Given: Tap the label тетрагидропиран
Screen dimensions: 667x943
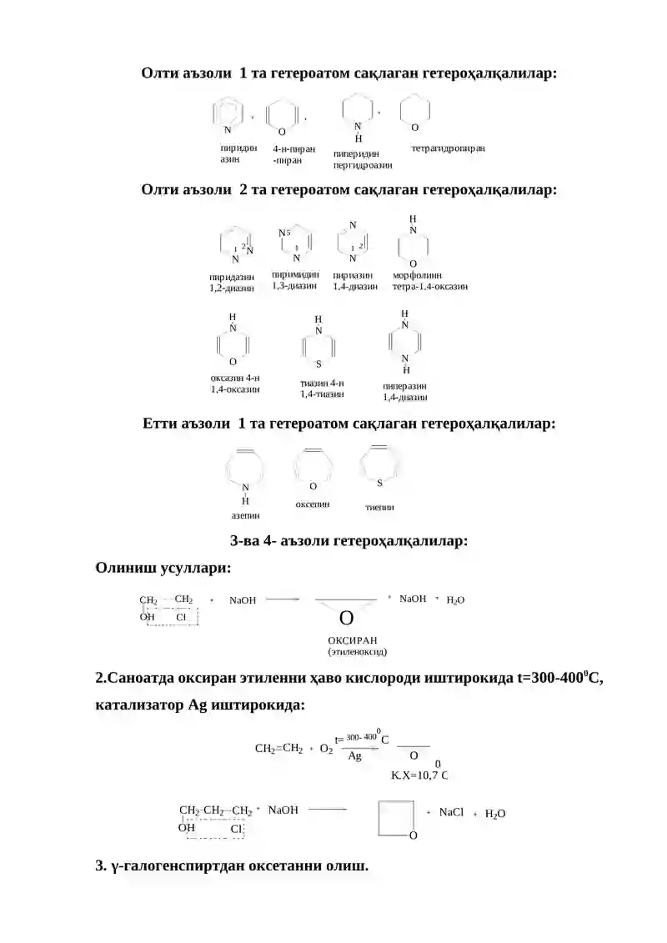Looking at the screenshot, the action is tap(448, 148).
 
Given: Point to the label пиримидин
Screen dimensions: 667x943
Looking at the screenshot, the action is tap(295, 274).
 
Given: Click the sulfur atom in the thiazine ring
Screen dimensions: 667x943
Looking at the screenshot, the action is tap(318, 364).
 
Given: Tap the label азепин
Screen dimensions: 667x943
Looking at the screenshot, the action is tap(245, 515).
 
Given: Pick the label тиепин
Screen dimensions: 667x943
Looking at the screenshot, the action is tap(379, 507).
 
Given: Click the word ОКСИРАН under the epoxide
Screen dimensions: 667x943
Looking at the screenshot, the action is tap(353, 640).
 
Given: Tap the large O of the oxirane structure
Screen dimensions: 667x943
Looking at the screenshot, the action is tap(346, 618).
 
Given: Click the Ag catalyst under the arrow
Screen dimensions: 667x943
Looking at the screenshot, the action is tap(355, 756).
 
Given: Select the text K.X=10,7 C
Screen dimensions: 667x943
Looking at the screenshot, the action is tap(419, 775).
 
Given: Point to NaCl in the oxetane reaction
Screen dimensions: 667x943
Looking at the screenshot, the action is tap(451, 812).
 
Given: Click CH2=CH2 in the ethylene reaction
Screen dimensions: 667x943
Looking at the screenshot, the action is tap(278, 748).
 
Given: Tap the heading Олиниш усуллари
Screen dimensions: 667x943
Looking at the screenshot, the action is tap(163, 567).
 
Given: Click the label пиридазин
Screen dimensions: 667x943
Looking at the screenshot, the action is tap(232, 278).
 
